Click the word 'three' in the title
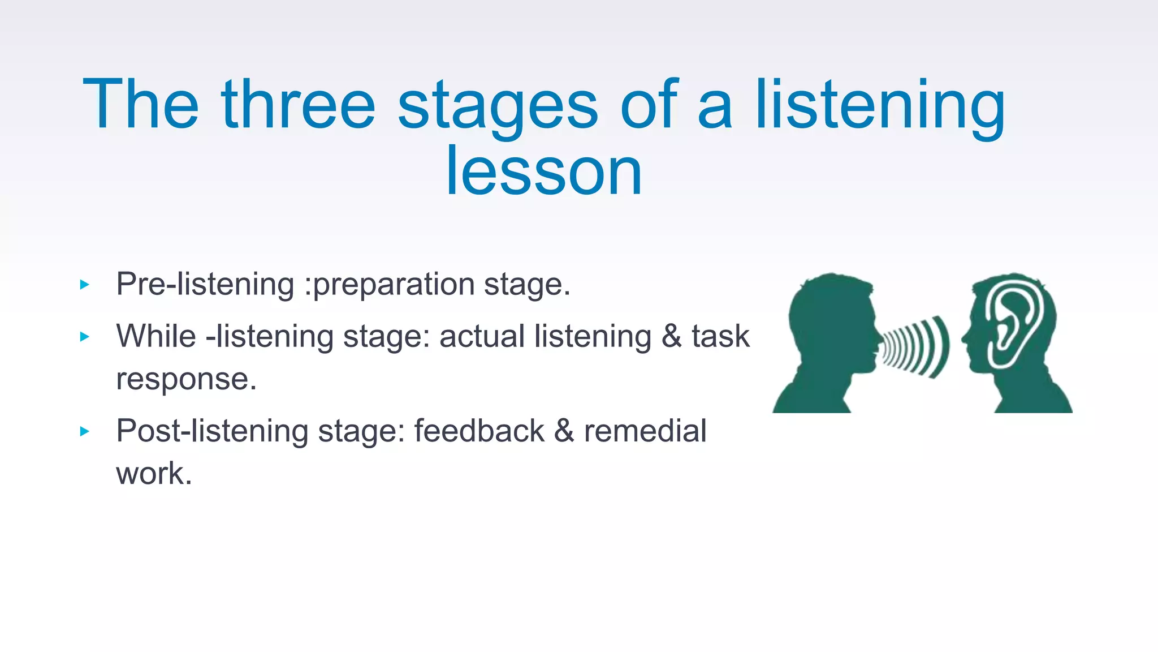[x=298, y=105]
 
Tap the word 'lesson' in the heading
[x=543, y=171]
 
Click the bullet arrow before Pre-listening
[x=85, y=285]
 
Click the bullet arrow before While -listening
[x=85, y=337]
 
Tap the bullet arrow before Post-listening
[x=85, y=431]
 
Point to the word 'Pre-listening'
[x=205, y=284]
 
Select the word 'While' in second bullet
[x=155, y=336]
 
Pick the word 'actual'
[x=482, y=336]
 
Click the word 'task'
[x=720, y=336]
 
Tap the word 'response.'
[x=186, y=379]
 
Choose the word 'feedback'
[x=479, y=431]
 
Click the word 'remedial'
[x=645, y=431]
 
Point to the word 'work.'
[x=154, y=474]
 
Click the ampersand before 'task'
[x=671, y=336]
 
